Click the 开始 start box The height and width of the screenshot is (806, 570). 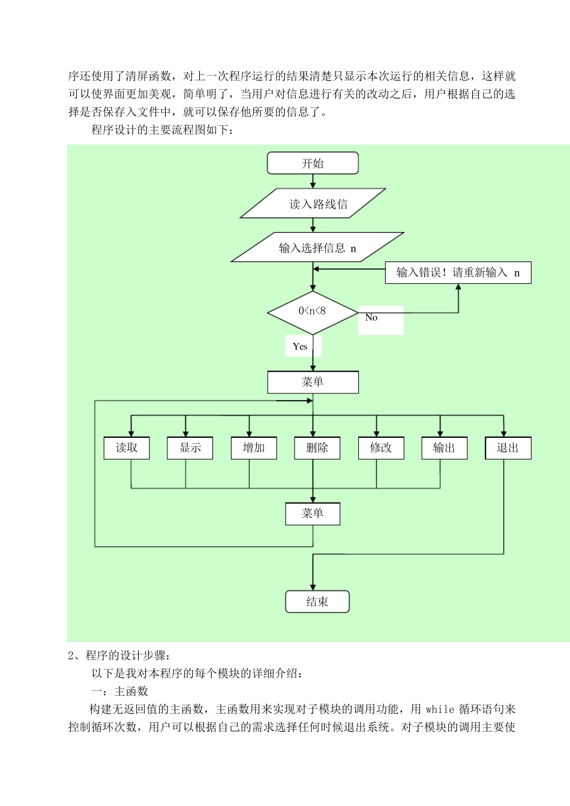tap(313, 163)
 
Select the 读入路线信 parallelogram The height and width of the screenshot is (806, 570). tap(313, 204)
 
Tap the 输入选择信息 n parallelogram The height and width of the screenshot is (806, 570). tap(317, 248)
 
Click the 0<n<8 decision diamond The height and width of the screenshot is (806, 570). tap(313, 312)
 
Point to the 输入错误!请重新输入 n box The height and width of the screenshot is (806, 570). tap(458, 273)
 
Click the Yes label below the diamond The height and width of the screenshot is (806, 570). tap(300, 347)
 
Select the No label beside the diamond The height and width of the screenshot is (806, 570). tap(371, 318)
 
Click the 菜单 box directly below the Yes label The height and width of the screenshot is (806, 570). tap(313, 382)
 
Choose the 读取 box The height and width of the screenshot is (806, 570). tap(127, 448)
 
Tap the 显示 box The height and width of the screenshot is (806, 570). tap(190, 448)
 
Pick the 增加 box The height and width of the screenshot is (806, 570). tap(254, 448)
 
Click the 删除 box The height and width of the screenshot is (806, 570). tap(317, 448)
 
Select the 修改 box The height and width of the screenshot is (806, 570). tap(381, 448)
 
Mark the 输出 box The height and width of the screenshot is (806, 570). tap(444, 448)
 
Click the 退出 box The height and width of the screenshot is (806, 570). tap(508, 448)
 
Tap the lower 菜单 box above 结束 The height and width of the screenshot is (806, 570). tap(313, 513)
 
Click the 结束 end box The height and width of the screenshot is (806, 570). tap(317, 602)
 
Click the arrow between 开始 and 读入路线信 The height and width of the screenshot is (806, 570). tap(313, 181)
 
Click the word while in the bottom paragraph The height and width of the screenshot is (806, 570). tap(440, 709)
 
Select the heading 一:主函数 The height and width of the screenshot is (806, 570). tap(119, 691)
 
